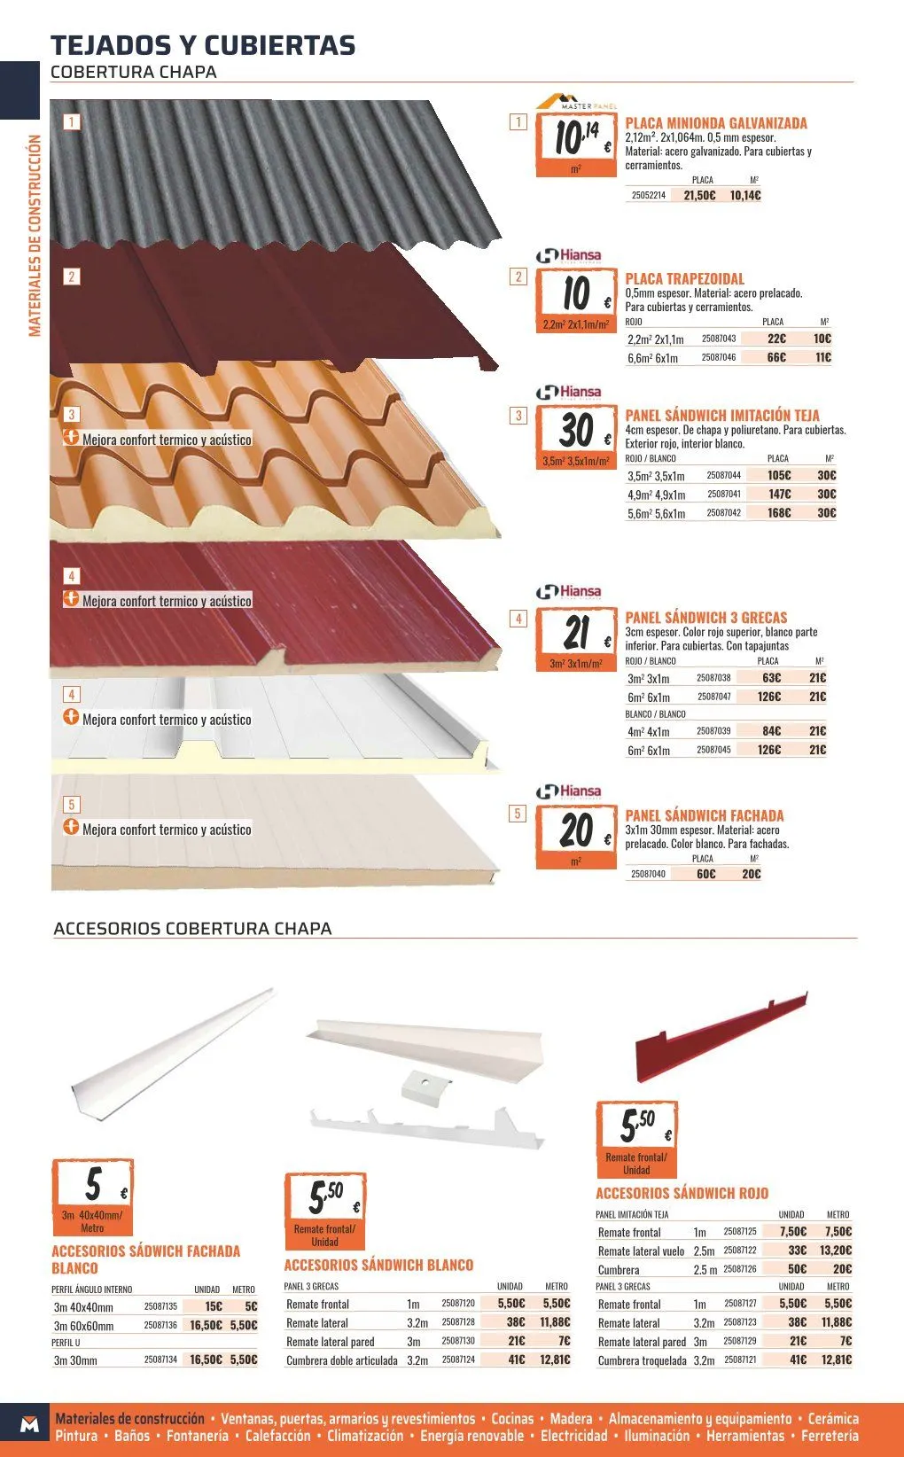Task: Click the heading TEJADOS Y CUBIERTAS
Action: pos(203,45)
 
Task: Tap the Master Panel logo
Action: pos(575,102)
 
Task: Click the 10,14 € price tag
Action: pos(575,145)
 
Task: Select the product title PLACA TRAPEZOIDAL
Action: pos(685,279)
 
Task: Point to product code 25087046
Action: pos(719,357)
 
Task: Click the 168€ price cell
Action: pos(779,512)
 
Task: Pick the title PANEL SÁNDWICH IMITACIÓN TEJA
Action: pos(722,416)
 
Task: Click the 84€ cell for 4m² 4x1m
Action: pos(771,731)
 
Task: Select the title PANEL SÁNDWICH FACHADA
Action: pos(705,815)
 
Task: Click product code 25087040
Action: pos(648,874)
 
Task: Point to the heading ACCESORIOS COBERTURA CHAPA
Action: pos(192,928)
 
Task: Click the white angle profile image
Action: pos(173,1053)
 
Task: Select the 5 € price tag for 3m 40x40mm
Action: pos(93,1197)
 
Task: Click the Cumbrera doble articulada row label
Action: pos(341,1360)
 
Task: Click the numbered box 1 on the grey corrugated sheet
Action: pos(72,121)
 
